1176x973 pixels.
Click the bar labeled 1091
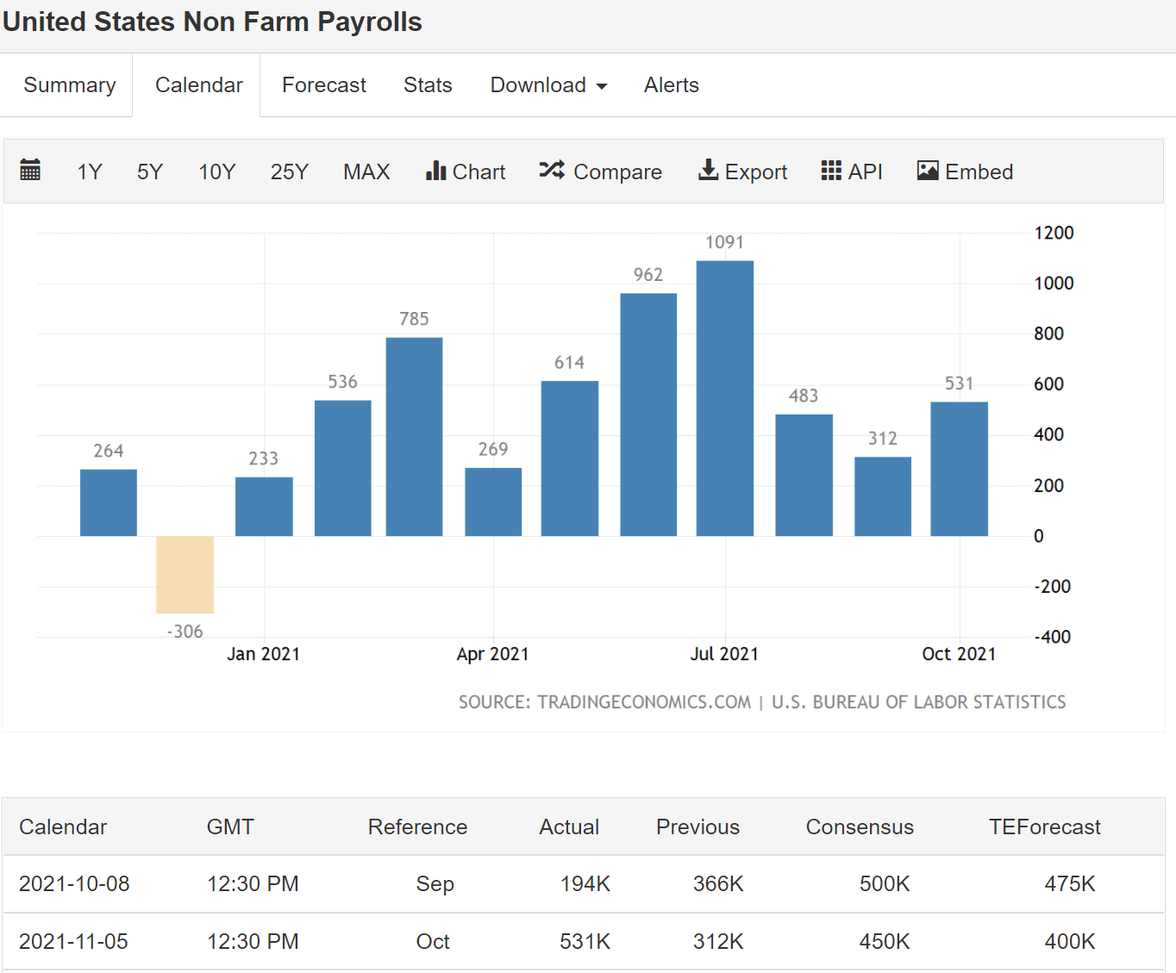pyautogui.click(x=724, y=398)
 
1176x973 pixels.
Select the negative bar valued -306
pyautogui.click(x=185, y=574)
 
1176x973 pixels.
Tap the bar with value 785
pyautogui.click(x=414, y=436)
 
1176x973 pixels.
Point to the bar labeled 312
pyautogui.click(x=882, y=496)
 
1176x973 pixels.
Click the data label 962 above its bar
pyautogui.click(x=648, y=275)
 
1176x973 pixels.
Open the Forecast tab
pyautogui.click(x=323, y=85)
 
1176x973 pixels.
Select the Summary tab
pyautogui.click(x=69, y=85)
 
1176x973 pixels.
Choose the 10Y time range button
pyautogui.click(x=216, y=172)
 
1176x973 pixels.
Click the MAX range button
pyautogui.click(x=366, y=172)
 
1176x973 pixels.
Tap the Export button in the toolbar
pyautogui.click(x=742, y=172)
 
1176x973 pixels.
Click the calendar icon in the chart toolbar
pyautogui.click(x=30, y=170)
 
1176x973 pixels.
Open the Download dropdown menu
pyautogui.click(x=548, y=85)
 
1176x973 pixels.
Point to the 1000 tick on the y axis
pyautogui.click(x=1054, y=284)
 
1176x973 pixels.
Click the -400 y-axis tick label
pyautogui.click(x=1052, y=637)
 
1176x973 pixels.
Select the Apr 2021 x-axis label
pyautogui.click(x=492, y=654)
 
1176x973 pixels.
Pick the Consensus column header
pyautogui.click(x=860, y=827)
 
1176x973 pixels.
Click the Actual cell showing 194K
pyautogui.click(x=585, y=884)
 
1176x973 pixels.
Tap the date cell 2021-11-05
pyautogui.click(x=73, y=942)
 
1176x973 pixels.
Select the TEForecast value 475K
pyautogui.click(x=1069, y=884)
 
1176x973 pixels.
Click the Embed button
pyautogui.click(x=965, y=172)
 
